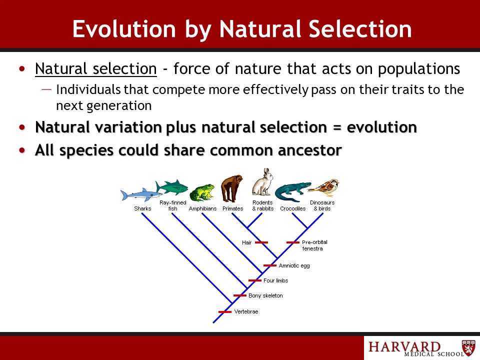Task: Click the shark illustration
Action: click(141, 194)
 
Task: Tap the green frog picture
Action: click(201, 193)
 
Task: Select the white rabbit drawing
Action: click(262, 182)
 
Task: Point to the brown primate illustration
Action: click(231, 188)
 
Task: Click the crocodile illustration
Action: click(292, 192)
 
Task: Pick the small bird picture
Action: click(324, 188)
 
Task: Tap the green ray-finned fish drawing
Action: click(171, 186)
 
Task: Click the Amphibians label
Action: click(202, 208)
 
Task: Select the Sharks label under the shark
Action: click(142, 208)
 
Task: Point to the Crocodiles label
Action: click(292, 208)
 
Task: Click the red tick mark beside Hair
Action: click(261, 242)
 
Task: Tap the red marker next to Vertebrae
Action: click(225, 312)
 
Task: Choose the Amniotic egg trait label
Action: click(294, 265)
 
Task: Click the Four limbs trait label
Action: click(276, 280)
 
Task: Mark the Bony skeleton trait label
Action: click(265, 295)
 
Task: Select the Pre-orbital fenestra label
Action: click(314, 245)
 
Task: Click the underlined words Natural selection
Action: click(96, 68)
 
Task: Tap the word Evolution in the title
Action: click(124, 29)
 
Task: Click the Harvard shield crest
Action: click(468, 347)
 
